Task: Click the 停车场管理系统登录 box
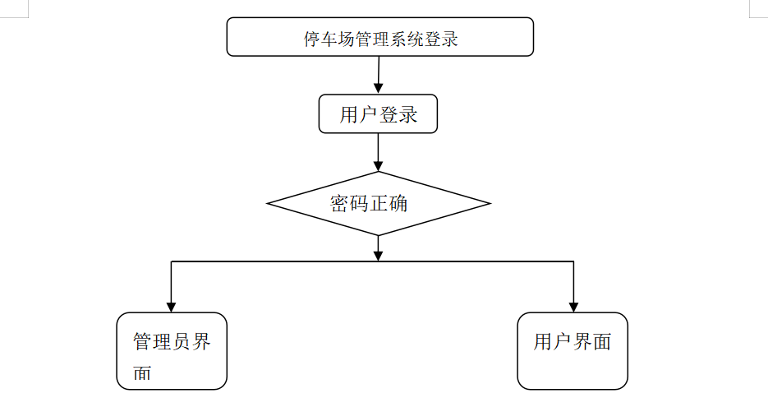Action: (379, 37)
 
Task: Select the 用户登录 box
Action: (378, 113)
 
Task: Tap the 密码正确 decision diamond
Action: (379, 204)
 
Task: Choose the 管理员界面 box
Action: (172, 351)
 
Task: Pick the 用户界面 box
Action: (573, 351)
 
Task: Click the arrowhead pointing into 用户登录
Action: (378, 88)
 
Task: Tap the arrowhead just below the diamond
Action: (378, 256)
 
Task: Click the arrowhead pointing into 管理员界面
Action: (171, 307)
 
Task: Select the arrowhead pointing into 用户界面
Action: (573, 307)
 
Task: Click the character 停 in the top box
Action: (312, 39)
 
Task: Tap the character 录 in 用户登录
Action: (407, 115)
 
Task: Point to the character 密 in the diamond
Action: (339, 204)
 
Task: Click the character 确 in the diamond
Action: (398, 204)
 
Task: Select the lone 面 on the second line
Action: (142, 372)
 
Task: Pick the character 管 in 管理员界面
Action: (143, 342)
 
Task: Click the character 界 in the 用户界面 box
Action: (582, 342)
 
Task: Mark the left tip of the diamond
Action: (267, 204)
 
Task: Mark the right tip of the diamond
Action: (490, 204)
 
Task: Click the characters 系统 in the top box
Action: (406, 39)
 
